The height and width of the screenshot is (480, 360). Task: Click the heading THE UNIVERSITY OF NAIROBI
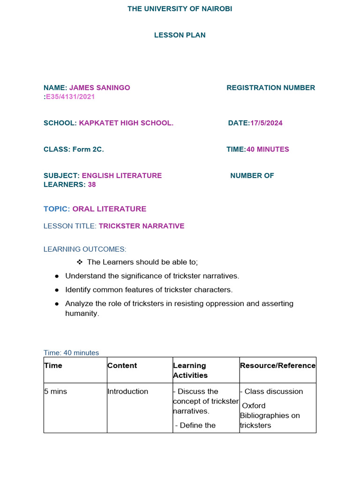(x=180, y=9)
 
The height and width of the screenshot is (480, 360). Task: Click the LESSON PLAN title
(x=180, y=35)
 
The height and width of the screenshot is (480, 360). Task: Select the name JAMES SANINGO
(x=100, y=88)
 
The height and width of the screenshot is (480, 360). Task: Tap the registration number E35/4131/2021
(x=70, y=97)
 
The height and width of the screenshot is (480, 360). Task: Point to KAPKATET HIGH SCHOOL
(x=126, y=123)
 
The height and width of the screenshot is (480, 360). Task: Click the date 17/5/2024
(x=266, y=123)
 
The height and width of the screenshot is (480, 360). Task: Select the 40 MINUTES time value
(x=268, y=150)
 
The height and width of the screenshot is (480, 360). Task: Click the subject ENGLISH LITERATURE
(x=122, y=176)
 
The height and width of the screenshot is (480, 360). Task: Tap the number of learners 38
(x=92, y=185)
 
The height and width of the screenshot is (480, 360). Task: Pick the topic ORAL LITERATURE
(x=109, y=209)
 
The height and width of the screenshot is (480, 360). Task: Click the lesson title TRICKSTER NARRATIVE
(x=142, y=226)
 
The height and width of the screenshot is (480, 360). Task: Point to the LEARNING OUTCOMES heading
(x=85, y=249)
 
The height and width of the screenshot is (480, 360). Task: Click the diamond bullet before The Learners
(x=79, y=262)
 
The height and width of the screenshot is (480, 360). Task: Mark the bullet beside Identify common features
(x=56, y=290)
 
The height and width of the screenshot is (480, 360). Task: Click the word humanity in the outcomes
(x=82, y=314)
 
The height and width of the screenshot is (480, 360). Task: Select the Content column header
(x=122, y=366)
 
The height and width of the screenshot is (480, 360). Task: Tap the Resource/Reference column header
(x=277, y=366)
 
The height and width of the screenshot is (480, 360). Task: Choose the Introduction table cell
(x=127, y=391)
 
